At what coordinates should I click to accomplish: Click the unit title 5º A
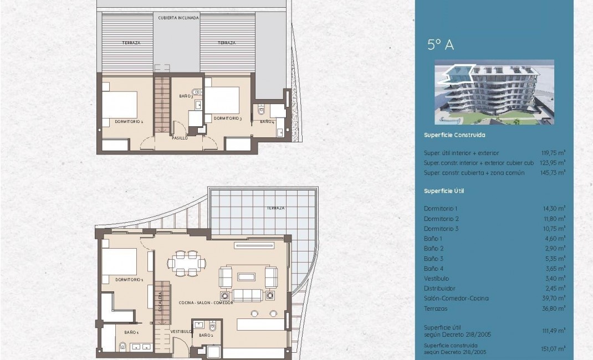point(441,45)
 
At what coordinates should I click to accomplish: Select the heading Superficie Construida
point(454,135)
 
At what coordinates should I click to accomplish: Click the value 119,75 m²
point(554,153)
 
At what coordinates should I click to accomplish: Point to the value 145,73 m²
point(554,173)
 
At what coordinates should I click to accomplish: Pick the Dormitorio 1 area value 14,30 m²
point(554,208)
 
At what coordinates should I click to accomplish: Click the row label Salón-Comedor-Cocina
point(456,299)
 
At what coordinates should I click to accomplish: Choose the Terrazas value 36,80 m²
point(554,308)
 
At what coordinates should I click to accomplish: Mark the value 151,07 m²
point(554,349)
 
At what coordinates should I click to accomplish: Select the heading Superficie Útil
point(443,191)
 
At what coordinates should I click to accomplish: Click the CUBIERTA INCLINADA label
point(178,18)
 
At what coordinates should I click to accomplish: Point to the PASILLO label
point(180,138)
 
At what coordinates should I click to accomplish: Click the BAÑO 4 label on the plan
point(267,121)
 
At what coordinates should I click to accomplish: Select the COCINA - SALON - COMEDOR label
point(206,303)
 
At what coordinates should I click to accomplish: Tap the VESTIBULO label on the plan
point(181,332)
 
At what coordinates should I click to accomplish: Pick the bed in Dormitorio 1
point(119,261)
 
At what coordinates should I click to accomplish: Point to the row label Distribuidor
point(439,289)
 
